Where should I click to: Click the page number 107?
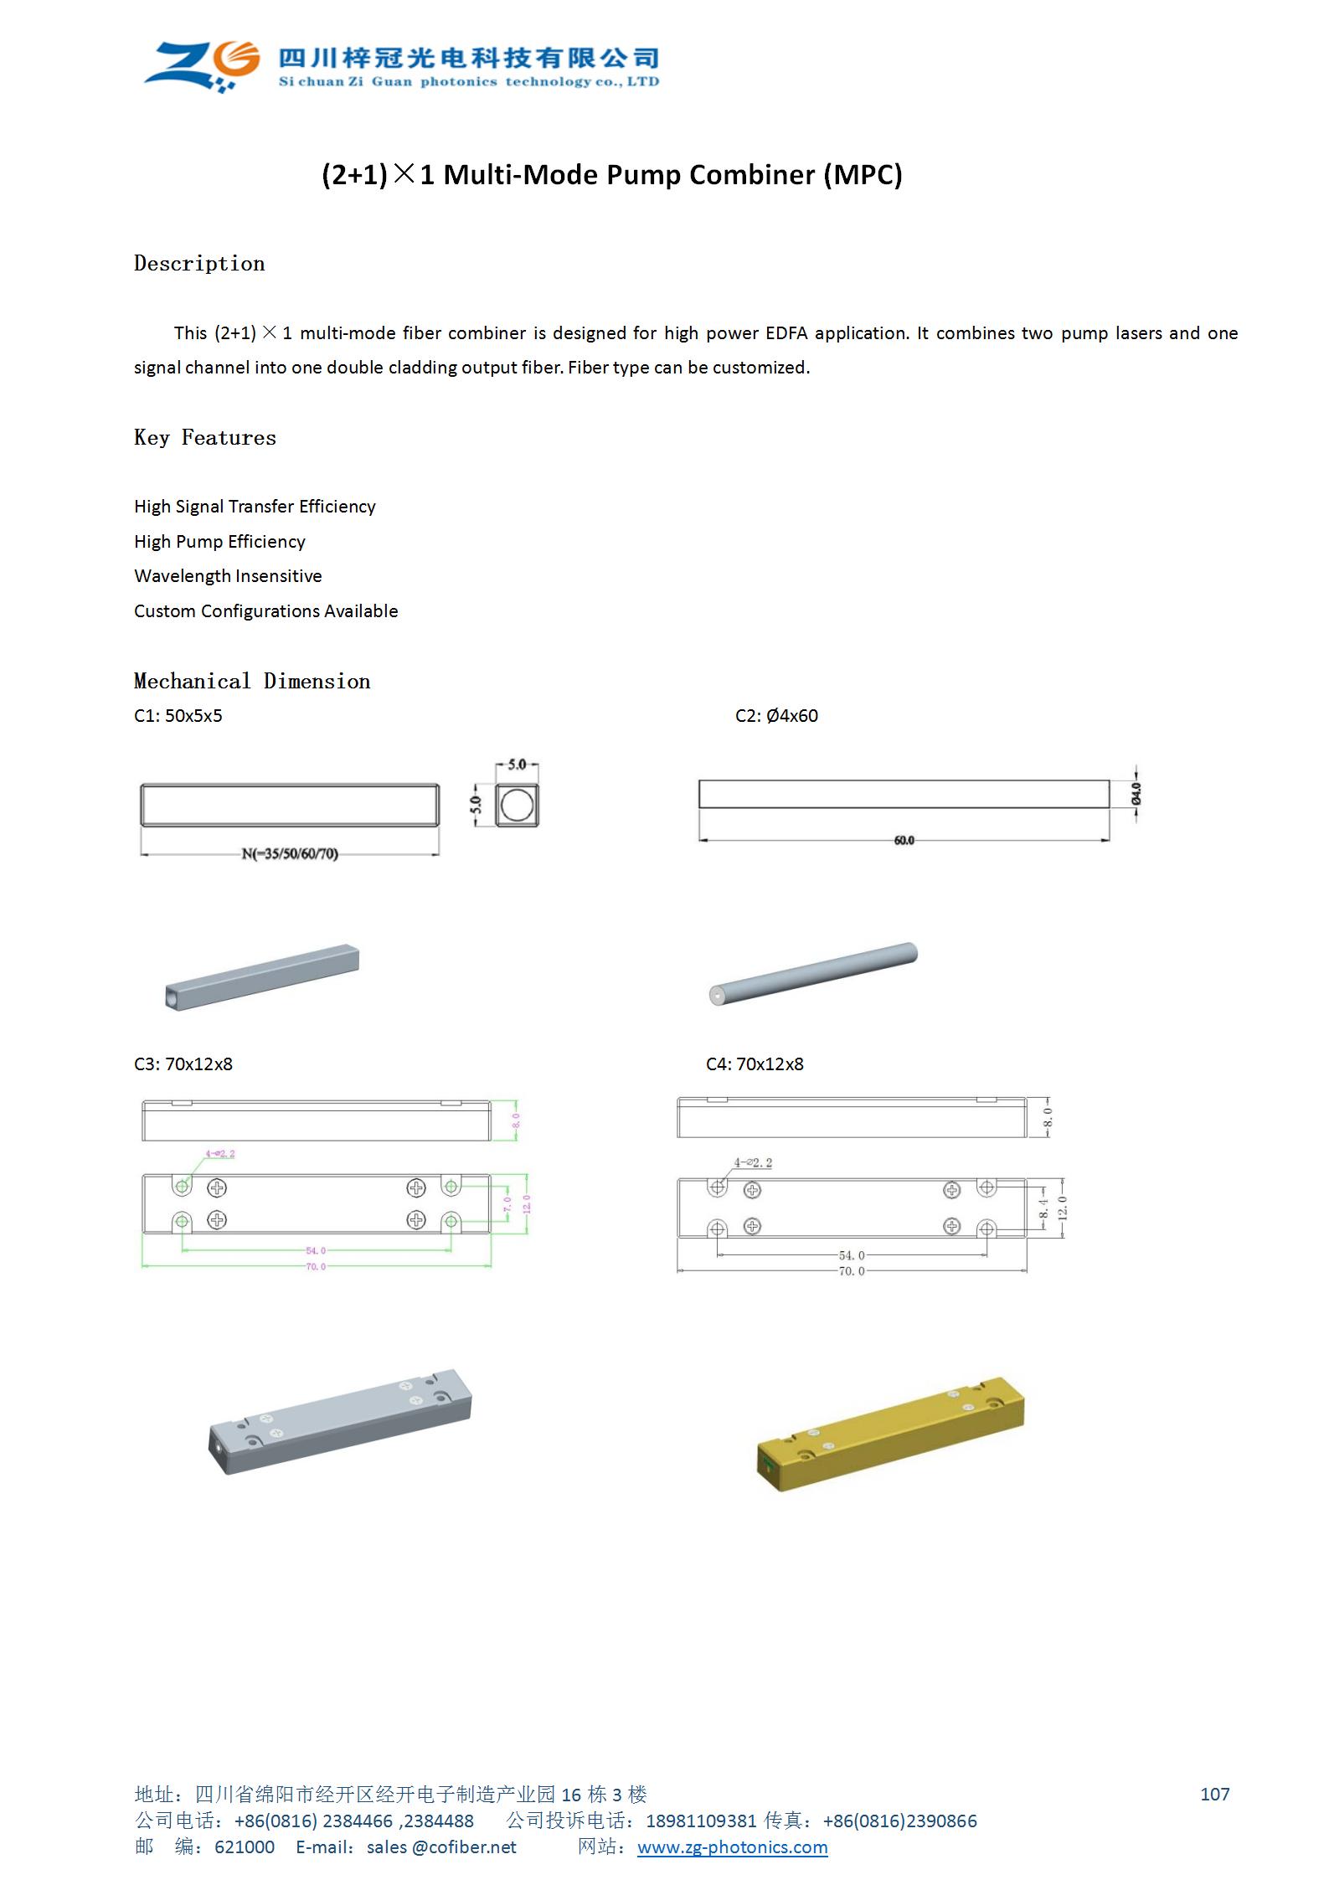point(1214,1794)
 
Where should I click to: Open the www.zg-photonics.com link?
point(732,1847)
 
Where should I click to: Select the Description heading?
point(199,264)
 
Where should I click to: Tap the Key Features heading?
point(205,438)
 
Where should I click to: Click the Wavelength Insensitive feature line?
point(228,576)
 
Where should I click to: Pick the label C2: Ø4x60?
point(776,716)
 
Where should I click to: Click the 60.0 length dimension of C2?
point(904,840)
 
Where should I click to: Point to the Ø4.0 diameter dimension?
point(1136,793)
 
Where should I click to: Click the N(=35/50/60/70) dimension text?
point(290,854)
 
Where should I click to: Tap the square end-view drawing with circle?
point(517,806)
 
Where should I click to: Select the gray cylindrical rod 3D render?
point(813,974)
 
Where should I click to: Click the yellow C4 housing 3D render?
point(890,1433)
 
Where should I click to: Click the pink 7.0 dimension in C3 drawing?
point(507,1204)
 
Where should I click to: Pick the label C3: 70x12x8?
point(183,1064)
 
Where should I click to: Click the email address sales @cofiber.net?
point(441,1847)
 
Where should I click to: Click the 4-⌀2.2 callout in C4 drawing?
point(753,1162)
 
